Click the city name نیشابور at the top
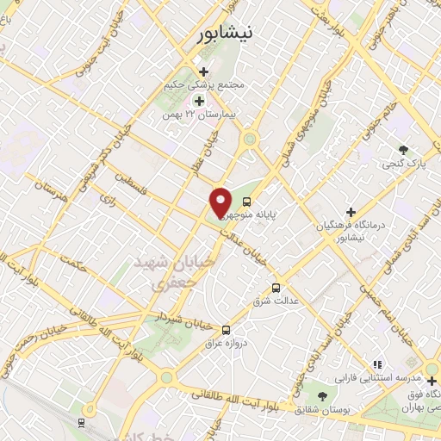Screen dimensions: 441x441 220,34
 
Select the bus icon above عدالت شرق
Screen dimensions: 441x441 276,288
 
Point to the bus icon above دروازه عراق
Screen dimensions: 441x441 226,328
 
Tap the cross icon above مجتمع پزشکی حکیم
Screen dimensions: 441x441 203,71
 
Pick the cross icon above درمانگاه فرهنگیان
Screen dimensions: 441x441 350,211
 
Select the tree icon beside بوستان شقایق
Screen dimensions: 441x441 323,395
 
